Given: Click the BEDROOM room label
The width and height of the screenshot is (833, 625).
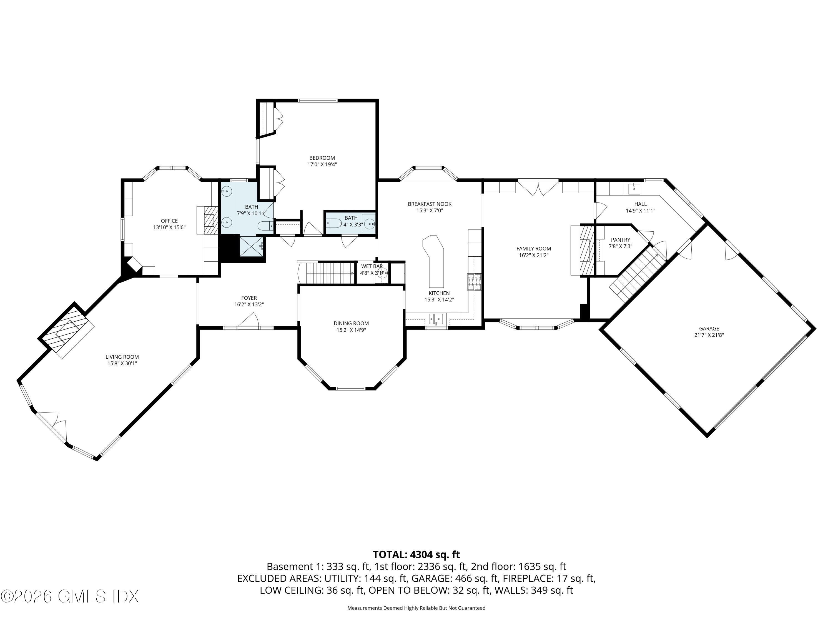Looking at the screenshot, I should [x=322, y=158].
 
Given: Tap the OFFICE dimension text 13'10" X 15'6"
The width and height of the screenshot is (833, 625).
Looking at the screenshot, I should [x=169, y=227].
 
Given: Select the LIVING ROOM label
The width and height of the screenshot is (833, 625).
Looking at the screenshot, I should [x=122, y=357].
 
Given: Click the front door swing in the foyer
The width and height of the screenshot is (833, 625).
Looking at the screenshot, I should [x=249, y=321].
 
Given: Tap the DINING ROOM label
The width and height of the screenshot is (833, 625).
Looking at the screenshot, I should [x=351, y=323].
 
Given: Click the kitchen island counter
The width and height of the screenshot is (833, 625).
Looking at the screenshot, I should [x=435, y=260].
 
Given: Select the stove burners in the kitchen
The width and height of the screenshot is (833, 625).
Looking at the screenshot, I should [x=475, y=282].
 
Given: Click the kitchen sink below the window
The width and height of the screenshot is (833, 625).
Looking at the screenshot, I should [x=437, y=319].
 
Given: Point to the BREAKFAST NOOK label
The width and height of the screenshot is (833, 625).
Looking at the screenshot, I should [x=429, y=204].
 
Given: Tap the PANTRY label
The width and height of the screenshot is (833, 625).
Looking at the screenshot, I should [x=620, y=240].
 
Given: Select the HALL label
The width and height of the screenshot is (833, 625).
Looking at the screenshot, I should [x=640, y=204].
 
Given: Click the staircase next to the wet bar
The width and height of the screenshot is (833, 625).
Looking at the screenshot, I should [x=328, y=273].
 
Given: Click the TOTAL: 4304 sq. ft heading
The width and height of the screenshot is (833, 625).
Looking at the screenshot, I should [x=416, y=554].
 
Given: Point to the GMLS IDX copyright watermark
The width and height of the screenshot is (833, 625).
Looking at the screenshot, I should [x=70, y=596].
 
